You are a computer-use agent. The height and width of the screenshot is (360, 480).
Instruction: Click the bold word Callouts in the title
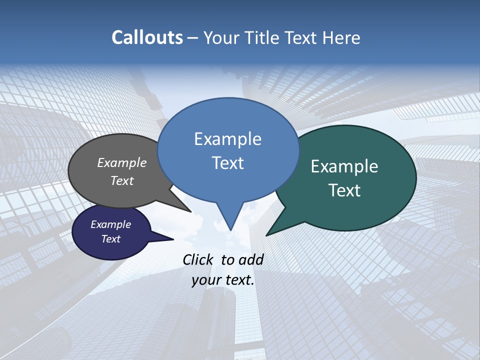[147, 37]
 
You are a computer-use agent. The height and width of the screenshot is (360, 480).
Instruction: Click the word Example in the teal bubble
[344, 166]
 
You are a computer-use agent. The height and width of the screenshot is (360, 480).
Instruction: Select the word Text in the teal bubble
[344, 190]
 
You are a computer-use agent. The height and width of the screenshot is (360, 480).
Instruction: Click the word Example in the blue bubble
[227, 139]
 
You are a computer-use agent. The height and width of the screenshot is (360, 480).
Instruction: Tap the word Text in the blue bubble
[227, 162]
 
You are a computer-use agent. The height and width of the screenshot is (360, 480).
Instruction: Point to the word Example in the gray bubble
[122, 162]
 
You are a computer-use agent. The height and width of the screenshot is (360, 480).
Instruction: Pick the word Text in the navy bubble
[111, 239]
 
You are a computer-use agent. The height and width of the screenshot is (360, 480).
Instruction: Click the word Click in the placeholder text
[199, 259]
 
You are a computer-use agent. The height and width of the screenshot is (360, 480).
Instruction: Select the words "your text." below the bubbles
[223, 280]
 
